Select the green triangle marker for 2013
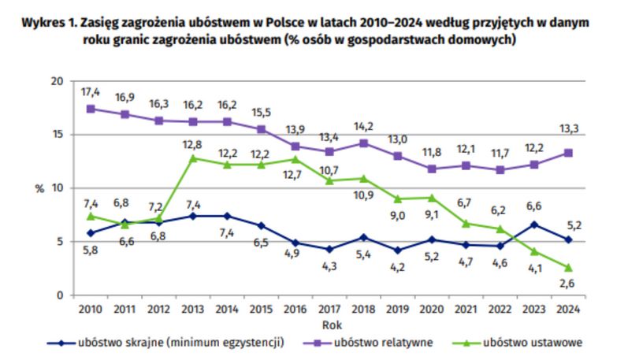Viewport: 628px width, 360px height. click(x=193, y=158)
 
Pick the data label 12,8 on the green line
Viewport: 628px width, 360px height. click(x=193, y=144)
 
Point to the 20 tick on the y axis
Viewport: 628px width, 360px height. click(x=55, y=81)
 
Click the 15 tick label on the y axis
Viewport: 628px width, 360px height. click(x=55, y=135)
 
